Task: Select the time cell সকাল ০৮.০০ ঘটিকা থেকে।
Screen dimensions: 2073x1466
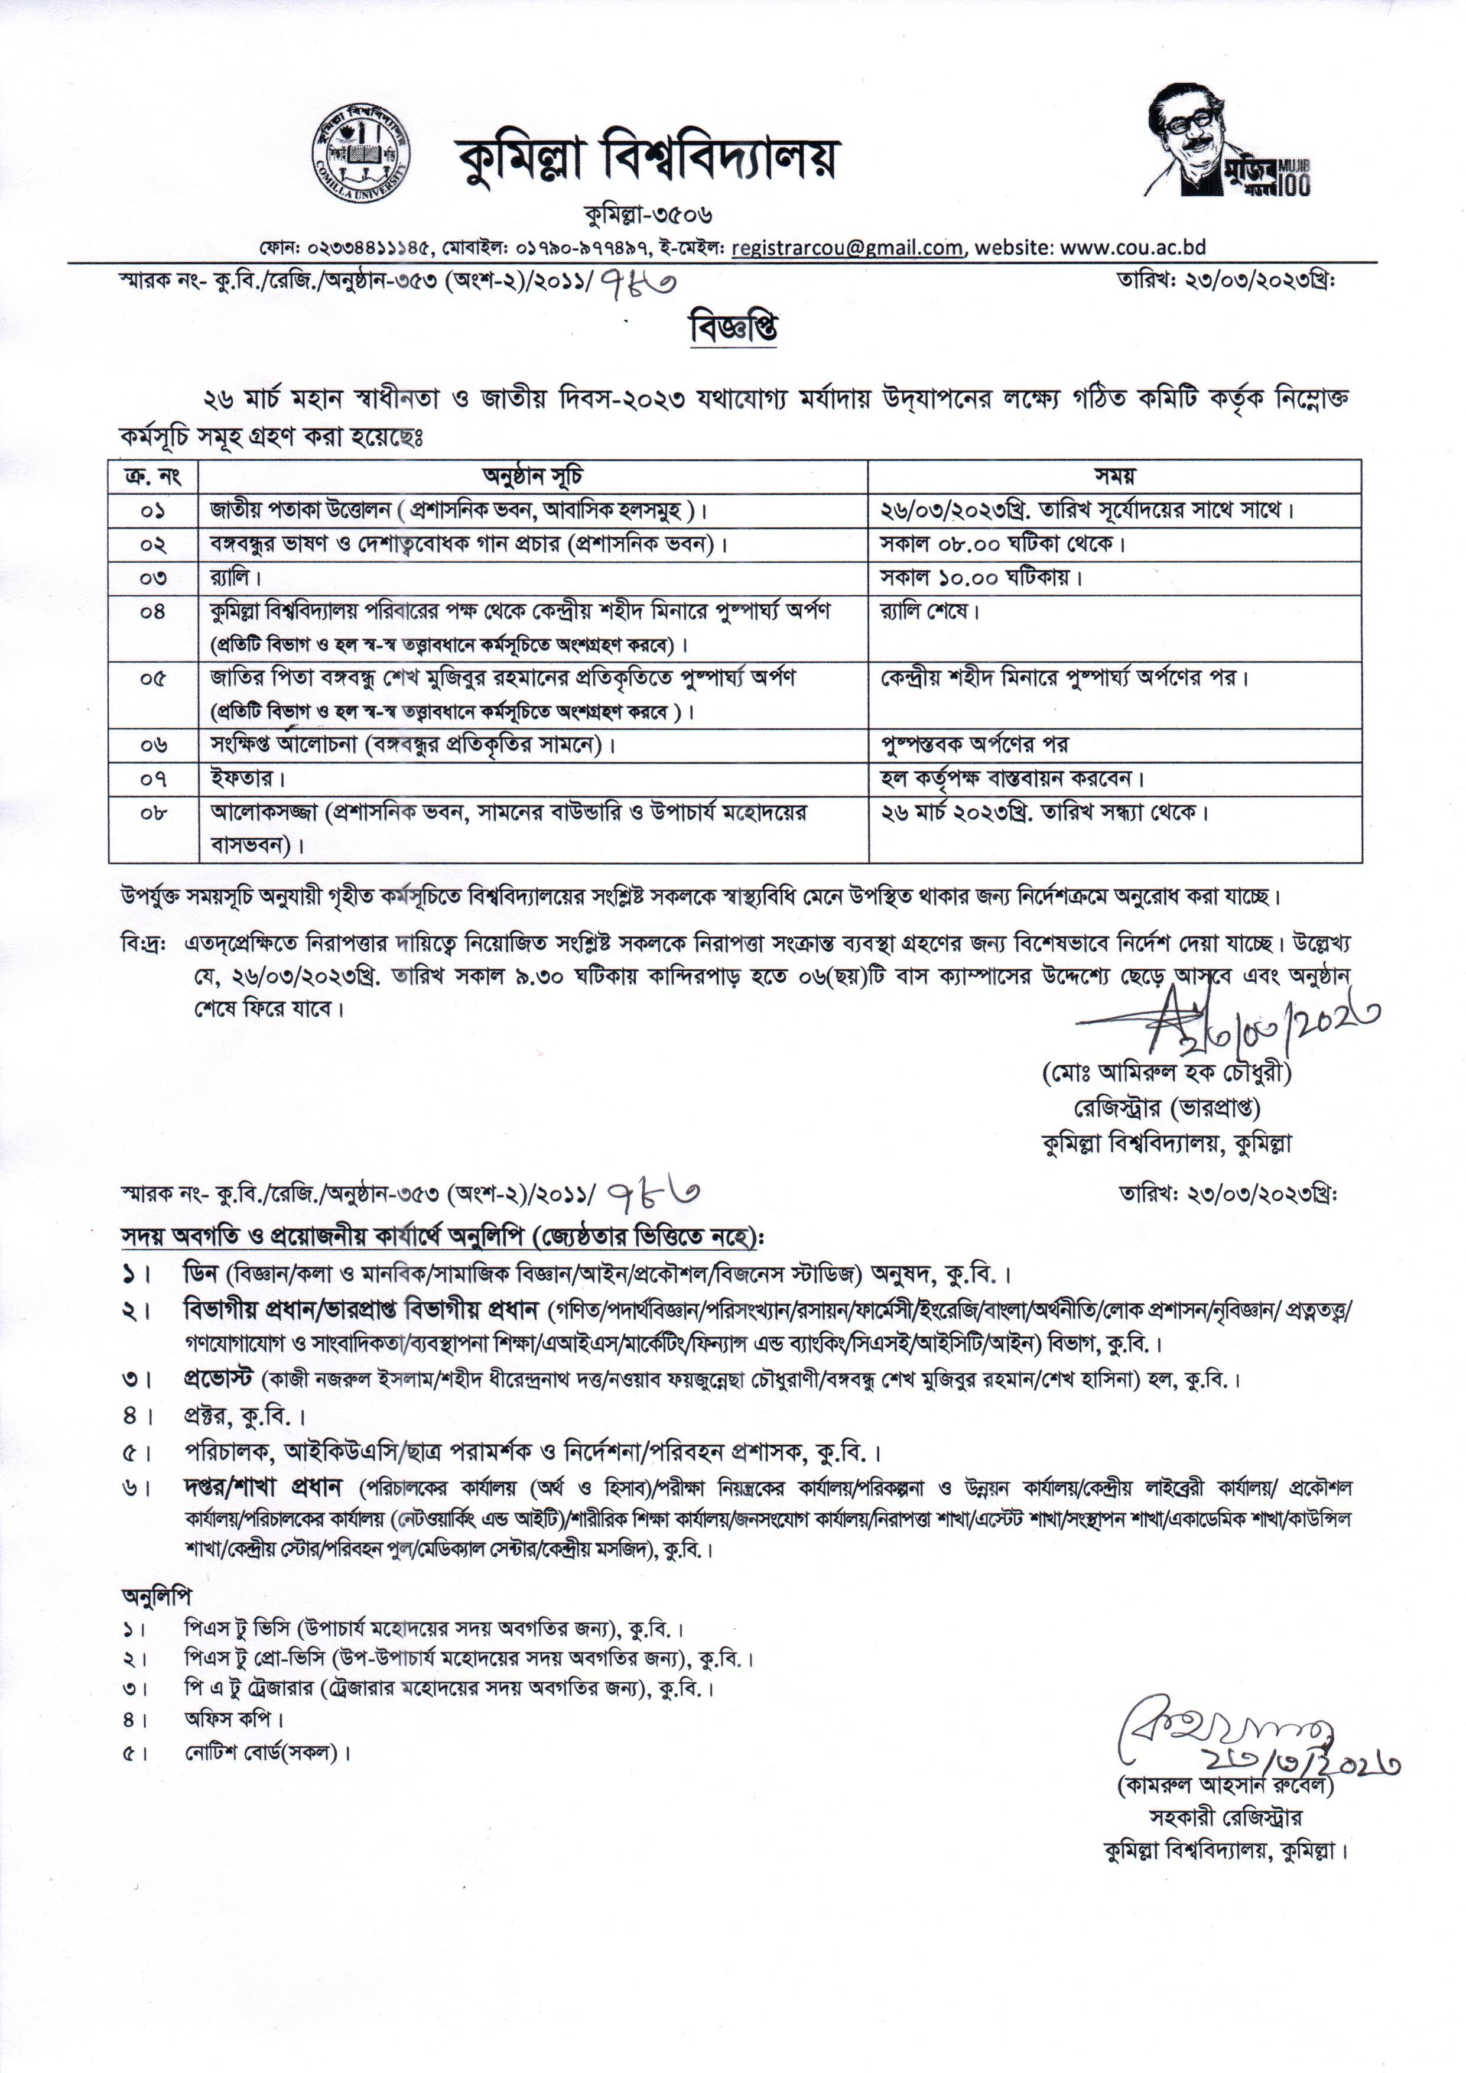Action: pyautogui.click(x=1002, y=544)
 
